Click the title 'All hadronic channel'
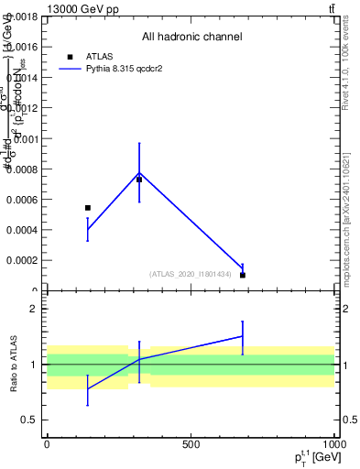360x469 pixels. point(191,38)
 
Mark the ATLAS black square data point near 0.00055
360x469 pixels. point(88,208)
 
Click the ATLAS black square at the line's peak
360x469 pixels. point(139,180)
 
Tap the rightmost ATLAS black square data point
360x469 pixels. point(243,275)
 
